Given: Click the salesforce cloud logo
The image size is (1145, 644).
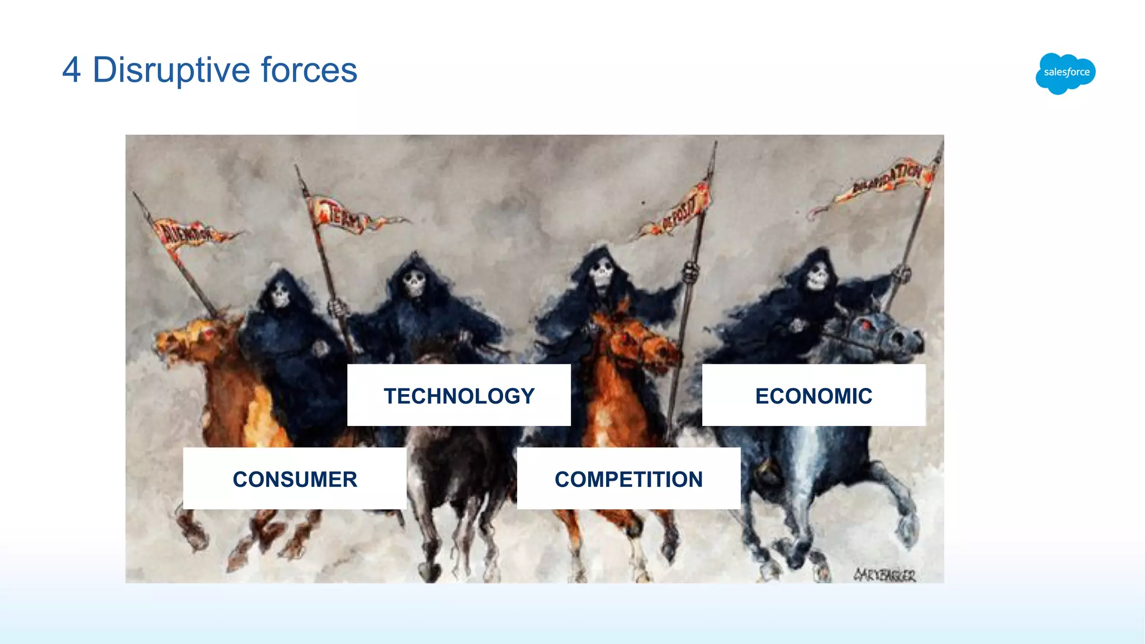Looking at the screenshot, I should point(1066,73).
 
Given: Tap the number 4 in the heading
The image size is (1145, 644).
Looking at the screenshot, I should point(72,70).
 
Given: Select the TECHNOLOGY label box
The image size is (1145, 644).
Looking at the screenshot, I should point(459,395).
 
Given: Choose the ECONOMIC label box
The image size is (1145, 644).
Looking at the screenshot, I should point(813,395).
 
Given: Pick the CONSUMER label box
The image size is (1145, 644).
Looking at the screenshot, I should point(295,479).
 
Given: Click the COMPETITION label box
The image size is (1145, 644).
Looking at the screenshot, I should point(628,479).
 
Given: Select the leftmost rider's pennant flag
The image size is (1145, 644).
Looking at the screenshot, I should point(187,233).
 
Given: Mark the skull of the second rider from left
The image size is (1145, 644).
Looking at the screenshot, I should point(414,283).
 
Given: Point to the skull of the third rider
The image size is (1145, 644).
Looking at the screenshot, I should point(602,273).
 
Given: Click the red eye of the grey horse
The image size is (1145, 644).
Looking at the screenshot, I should point(865,325).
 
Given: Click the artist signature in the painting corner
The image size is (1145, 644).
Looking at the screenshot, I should point(884,574).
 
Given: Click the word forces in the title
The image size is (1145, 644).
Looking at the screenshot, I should point(309,70).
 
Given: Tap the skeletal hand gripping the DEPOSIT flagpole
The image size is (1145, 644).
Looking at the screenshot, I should point(691,273).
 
